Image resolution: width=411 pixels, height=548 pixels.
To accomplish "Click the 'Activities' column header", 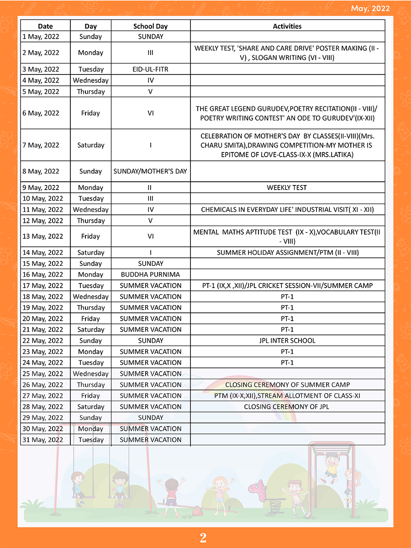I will coord(287,26).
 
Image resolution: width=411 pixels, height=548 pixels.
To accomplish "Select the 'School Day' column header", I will coord(150,26).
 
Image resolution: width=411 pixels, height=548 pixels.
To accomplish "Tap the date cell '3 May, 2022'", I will coord(41,69).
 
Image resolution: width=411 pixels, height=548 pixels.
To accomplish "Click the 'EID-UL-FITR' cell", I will coord(150,69).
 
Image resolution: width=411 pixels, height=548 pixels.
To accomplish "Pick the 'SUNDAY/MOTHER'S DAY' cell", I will coord(150,171).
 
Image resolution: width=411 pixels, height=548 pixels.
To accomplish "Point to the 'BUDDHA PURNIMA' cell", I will coord(150,274).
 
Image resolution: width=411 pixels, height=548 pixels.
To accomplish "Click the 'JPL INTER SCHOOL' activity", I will coord(287,341).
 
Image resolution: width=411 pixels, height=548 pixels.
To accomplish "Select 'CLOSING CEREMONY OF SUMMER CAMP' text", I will coord(287,385).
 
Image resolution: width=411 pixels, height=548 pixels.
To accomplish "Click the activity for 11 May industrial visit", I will coord(287,210).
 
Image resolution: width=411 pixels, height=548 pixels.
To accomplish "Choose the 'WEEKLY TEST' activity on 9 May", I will coord(287,188).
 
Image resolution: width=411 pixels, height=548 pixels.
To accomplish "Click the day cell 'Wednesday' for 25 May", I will coord(91,374).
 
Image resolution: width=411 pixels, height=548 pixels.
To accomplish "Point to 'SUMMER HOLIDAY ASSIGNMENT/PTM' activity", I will coord(287,253).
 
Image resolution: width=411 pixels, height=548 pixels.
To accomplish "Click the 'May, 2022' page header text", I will coord(370,9).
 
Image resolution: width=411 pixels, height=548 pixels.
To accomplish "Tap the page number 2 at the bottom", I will coord(203,538).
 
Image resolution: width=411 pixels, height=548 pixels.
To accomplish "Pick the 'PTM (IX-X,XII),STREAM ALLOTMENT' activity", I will coord(287,395).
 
